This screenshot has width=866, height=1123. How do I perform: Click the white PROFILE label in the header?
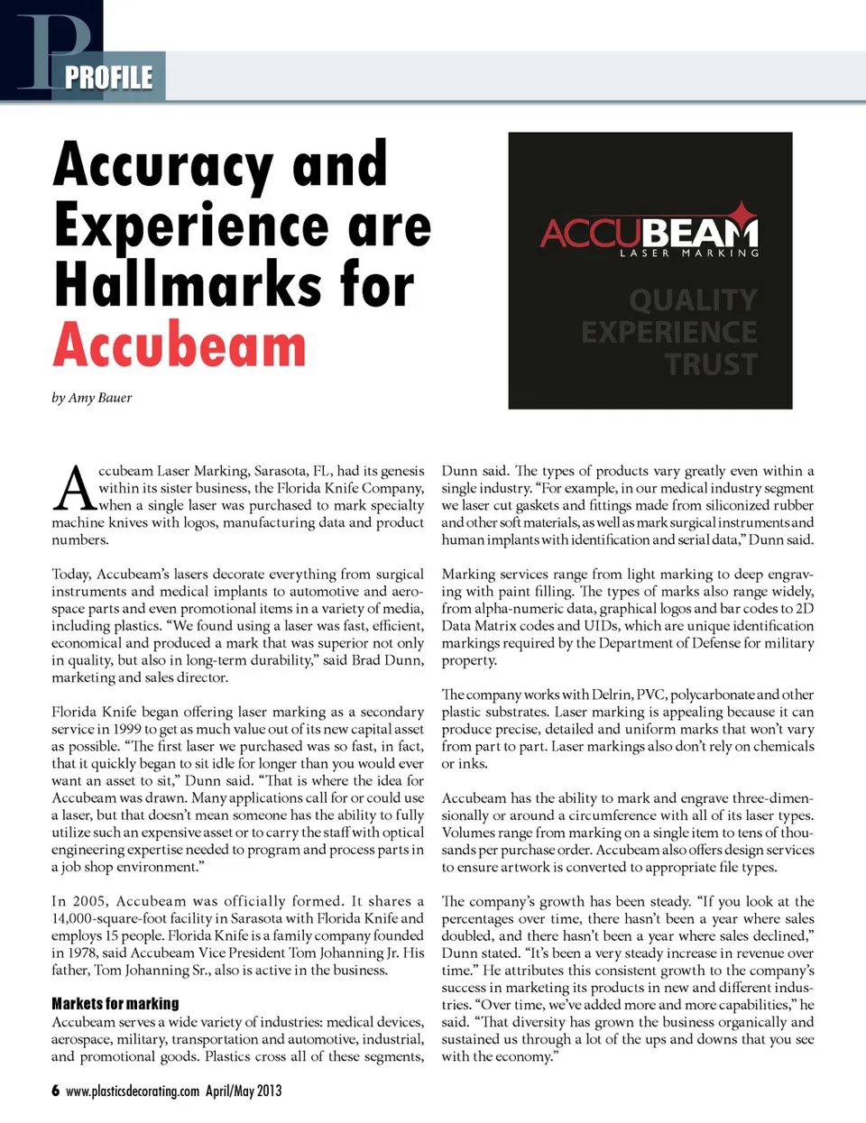[109, 78]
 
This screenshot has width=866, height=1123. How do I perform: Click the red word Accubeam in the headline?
[180, 345]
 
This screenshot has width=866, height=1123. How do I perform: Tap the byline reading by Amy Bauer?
[92, 398]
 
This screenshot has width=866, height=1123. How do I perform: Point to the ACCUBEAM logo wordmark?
[649, 233]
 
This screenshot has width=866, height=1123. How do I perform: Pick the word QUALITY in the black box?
[693, 299]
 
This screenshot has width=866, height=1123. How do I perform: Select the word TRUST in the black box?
[711, 364]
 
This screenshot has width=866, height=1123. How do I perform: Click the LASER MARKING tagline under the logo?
[688, 253]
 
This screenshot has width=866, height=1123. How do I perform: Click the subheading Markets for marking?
[115, 1003]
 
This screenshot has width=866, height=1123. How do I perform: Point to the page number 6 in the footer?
[56, 1091]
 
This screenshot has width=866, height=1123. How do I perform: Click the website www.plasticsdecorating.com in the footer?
[133, 1091]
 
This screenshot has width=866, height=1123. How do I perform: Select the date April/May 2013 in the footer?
[244, 1091]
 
